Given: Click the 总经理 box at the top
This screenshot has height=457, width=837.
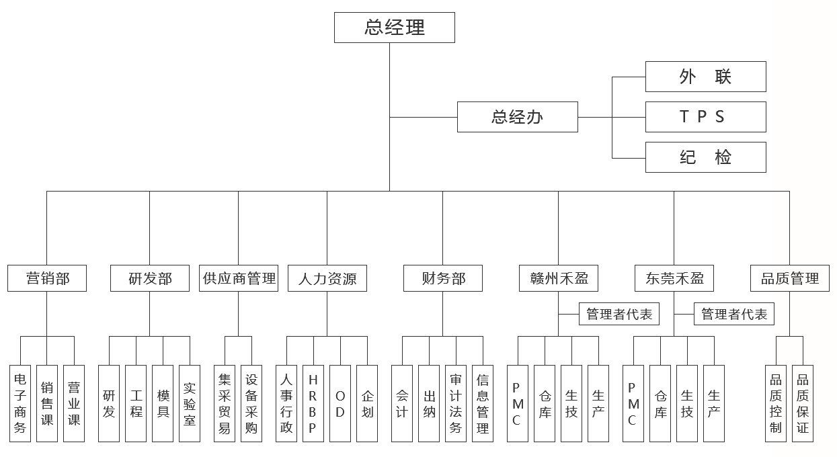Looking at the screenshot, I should tap(394, 28).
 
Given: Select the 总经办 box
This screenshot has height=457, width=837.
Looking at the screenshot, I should tap(517, 117).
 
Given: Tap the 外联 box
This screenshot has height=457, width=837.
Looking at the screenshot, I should tap(705, 77).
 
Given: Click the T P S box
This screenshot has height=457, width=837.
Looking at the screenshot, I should tap(705, 117).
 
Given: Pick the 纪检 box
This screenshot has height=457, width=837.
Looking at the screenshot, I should tap(705, 157).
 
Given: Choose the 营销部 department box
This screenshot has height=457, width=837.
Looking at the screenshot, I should tap(47, 278).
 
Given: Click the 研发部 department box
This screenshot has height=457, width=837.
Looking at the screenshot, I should tap(150, 278).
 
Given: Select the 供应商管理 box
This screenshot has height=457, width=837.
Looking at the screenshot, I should tap(239, 278).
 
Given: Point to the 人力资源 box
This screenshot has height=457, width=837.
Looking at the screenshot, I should tap(327, 278).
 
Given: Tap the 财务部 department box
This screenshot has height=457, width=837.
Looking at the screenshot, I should tap(443, 278).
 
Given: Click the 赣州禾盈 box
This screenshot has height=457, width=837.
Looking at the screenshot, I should tap(558, 278).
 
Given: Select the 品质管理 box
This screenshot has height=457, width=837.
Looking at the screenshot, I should tap(790, 278).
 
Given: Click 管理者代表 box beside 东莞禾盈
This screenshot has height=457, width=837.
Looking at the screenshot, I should tap(734, 314).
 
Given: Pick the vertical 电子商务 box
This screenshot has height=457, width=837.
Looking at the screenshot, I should tap(20, 403).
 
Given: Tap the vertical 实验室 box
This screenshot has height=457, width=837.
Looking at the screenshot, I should tap(190, 403).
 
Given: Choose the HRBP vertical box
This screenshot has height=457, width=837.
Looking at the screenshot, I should tap(313, 403).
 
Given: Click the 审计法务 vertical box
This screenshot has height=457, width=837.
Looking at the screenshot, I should tap(456, 403).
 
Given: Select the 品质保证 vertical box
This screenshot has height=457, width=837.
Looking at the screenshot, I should tap(803, 403).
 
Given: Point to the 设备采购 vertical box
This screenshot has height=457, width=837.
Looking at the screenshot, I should tap(251, 403).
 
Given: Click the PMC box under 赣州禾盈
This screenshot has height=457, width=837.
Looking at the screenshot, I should tap(518, 403).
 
